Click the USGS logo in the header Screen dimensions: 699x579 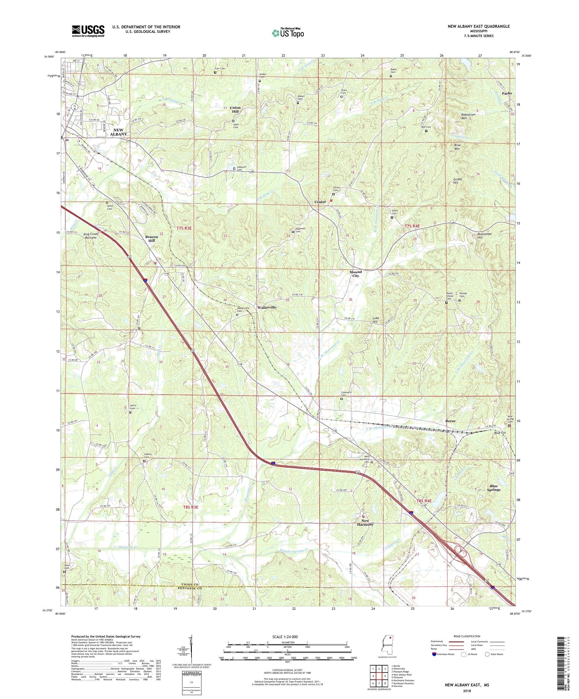click(x=88, y=31)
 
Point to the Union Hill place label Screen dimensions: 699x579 click(x=235, y=109)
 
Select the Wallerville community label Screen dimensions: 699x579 click(x=267, y=308)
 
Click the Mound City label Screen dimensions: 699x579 click(x=356, y=274)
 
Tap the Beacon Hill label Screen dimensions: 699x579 click(x=152, y=238)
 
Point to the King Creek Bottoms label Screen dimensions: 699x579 click(x=90, y=236)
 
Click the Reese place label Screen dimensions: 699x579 click(x=450, y=421)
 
